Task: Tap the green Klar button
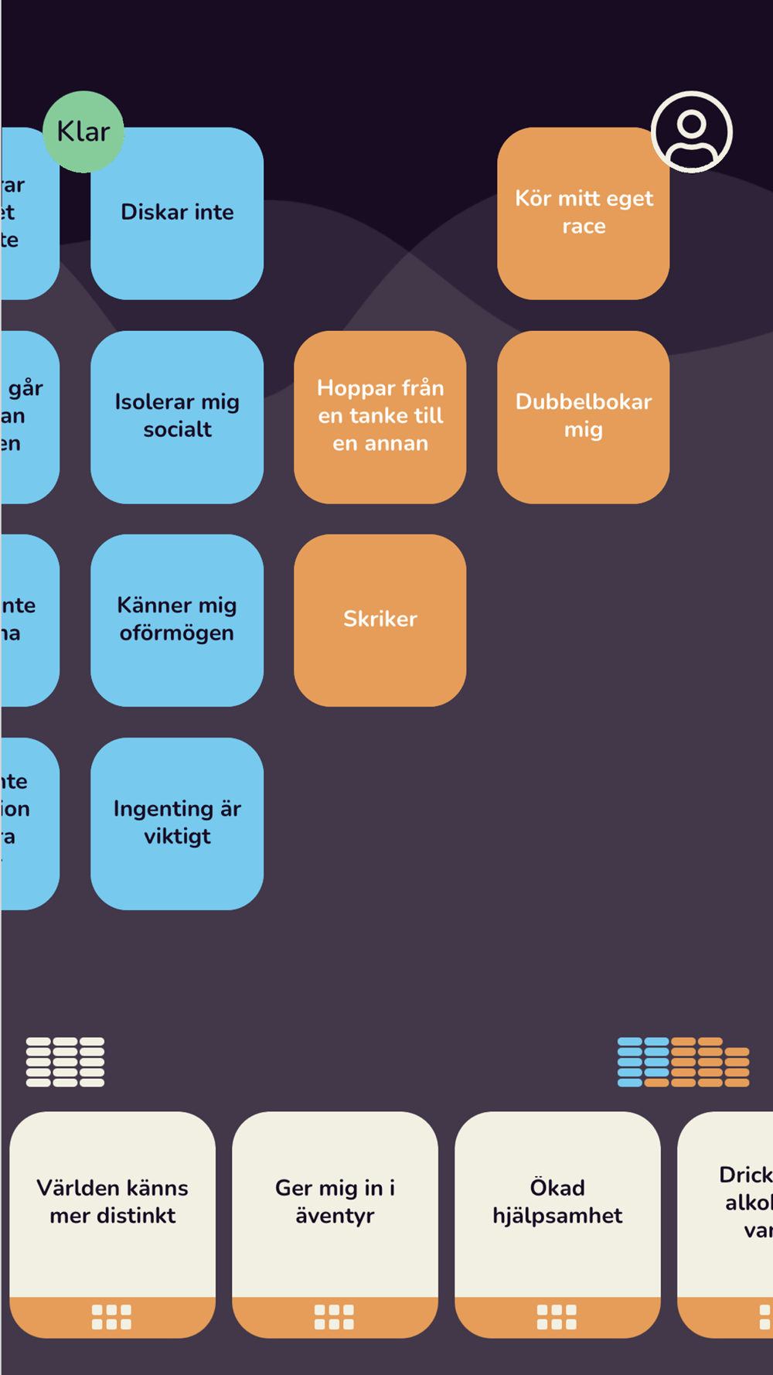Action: point(83,131)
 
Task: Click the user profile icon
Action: point(691,131)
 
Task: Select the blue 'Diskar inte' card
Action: point(177,213)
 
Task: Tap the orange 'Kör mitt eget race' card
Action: point(583,213)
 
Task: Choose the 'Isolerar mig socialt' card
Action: point(177,416)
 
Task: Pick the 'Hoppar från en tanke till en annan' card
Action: point(380,416)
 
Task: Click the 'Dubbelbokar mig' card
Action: point(583,416)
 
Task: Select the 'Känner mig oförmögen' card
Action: point(177,619)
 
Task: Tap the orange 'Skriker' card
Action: point(380,619)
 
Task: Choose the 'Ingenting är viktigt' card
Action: point(177,823)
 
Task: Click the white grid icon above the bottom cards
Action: point(65,1062)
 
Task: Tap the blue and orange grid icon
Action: point(683,1062)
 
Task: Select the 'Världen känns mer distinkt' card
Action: point(112,1202)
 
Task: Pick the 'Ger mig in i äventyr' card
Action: point(335,1202)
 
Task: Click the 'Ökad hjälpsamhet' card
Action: point(557,1202)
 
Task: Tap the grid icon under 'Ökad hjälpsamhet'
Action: point(557,1317)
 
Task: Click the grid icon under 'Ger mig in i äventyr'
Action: point(335,1317)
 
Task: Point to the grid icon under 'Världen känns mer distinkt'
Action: point(112,1317)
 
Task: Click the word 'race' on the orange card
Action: point(584,227)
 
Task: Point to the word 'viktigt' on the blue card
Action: point(177,837)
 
